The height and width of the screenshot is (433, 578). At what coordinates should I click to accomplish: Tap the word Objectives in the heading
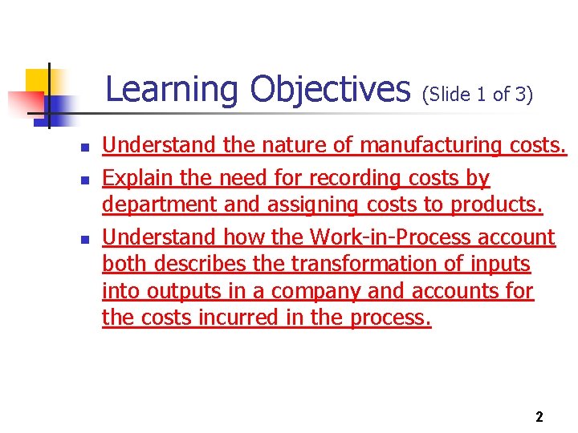pos(330,90)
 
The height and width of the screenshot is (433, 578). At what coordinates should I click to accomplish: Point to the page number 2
pos(539,417)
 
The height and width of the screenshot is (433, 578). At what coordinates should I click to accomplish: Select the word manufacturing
pos(431,145)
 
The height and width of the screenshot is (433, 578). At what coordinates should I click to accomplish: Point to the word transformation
pos(359,264)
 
